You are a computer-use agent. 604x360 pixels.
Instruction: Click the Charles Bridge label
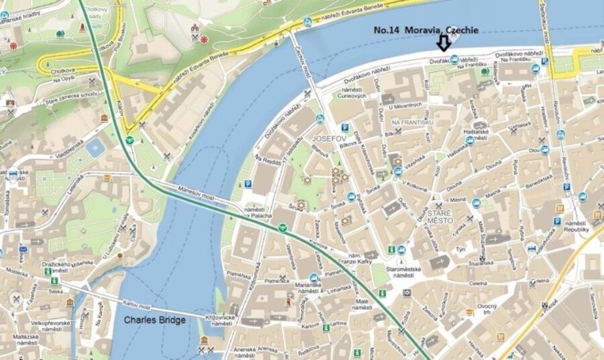tap(154, 320)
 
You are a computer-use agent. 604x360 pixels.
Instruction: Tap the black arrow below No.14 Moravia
tap(443, 44)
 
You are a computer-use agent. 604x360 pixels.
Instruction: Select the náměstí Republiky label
tap(576, 226)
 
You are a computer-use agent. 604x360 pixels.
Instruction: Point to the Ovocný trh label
tap(487, 310)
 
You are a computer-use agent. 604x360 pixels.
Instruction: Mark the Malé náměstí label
tap(362, 306)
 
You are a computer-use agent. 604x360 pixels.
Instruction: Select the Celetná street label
tap(478, 284)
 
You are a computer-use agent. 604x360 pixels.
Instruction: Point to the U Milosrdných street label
tap(405, 105)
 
